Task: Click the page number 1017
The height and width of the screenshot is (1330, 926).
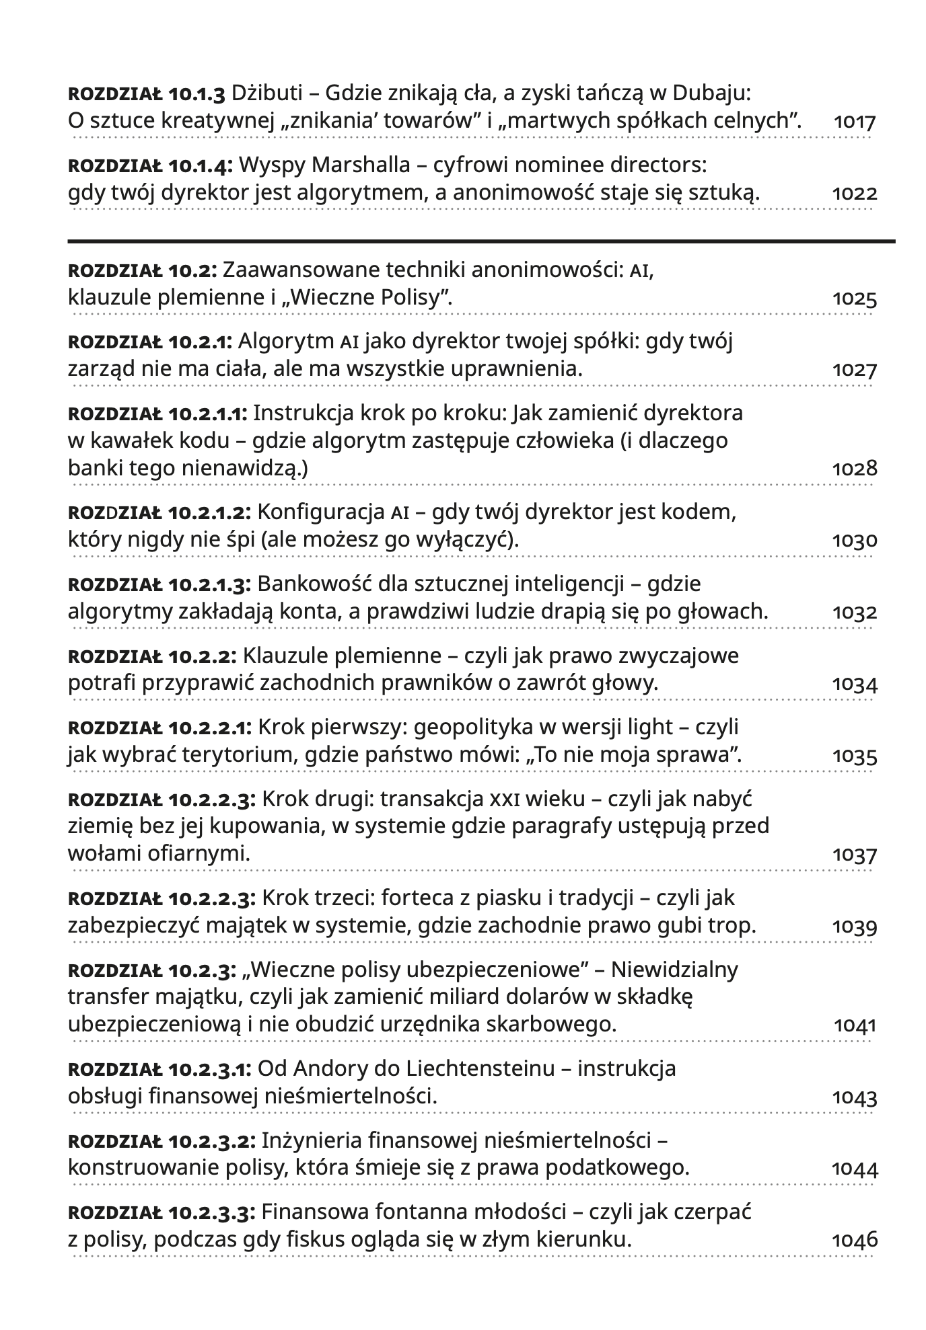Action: coord(855,122)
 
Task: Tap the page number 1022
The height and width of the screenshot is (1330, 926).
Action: coord(855,194)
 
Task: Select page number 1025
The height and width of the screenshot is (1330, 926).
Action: coord(855,299)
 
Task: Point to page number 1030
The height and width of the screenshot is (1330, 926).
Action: coord(855,541)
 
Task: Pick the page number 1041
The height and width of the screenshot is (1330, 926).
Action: coord(855,1025)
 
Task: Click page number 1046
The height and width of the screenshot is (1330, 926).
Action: coord(855,1240)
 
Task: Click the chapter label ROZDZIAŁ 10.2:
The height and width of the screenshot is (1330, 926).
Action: coord(142,270)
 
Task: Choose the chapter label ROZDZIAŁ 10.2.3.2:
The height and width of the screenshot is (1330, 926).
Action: coord(162,1141)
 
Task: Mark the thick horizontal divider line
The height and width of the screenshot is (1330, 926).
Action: coord(481,241)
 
